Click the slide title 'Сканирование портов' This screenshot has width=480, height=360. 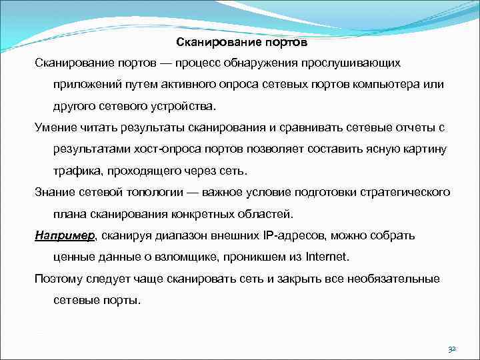point(242,43)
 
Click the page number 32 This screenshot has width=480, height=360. point(451,349)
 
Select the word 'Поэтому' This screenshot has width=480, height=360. point(58,279)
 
